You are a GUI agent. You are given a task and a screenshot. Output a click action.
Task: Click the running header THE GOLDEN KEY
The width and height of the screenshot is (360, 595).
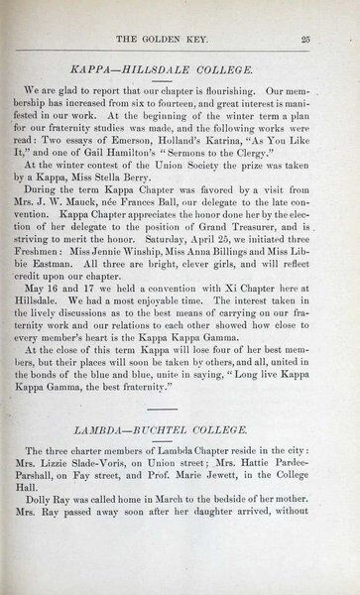click(176, 38)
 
